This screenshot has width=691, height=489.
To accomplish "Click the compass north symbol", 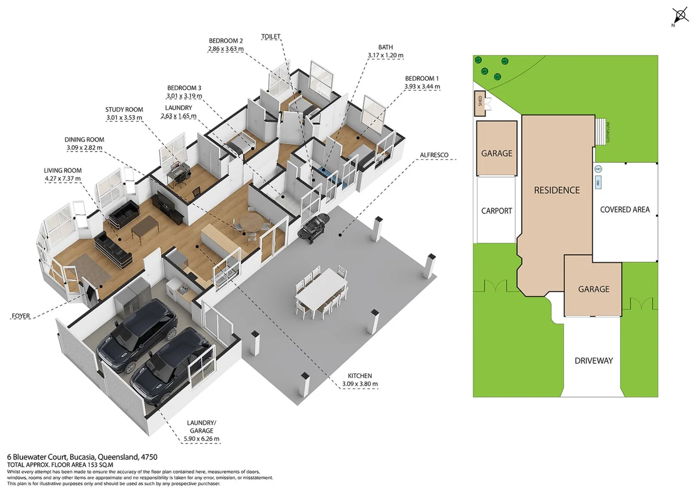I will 680,16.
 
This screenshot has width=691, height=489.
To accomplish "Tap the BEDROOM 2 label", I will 226,41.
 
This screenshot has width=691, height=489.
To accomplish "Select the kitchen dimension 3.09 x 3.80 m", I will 360,384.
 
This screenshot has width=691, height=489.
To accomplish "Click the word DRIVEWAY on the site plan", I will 593,361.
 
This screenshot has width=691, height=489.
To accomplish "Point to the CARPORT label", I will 497,211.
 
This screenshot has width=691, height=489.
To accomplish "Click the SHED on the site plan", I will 480,101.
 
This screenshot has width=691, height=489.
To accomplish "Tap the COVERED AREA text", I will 625,210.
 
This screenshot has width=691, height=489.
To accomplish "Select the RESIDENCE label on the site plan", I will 557,190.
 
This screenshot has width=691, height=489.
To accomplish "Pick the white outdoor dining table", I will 322,288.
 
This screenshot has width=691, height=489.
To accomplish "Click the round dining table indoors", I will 251,222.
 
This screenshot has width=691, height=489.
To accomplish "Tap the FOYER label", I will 21,316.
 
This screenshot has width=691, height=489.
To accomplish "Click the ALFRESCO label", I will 434,155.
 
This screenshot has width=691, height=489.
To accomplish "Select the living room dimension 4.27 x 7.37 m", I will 63,178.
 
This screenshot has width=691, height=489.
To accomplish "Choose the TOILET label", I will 270,36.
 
